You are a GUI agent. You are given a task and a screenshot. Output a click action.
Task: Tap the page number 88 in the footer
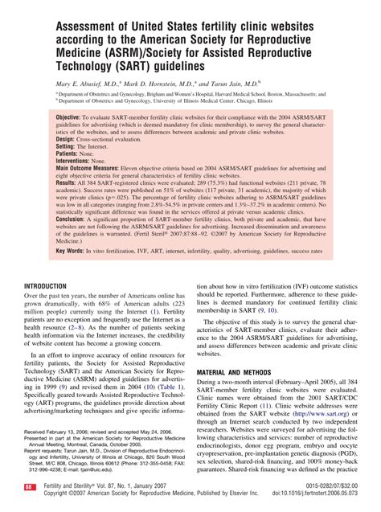click(x=29, y=487)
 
